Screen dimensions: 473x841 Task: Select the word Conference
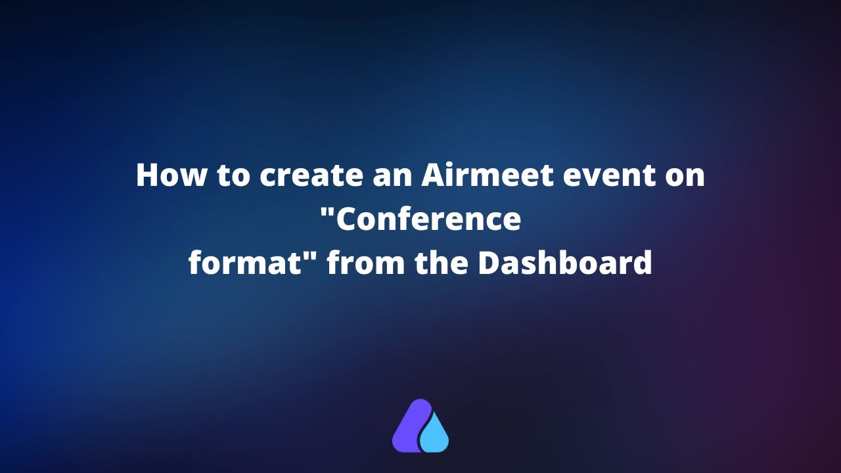click(427, 219)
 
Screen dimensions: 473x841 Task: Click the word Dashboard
click(564, 263)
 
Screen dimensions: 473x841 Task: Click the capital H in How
click(147, 176)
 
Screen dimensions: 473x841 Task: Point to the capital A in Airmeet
click(432, 176)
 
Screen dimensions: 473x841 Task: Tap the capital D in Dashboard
click(489, 263)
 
